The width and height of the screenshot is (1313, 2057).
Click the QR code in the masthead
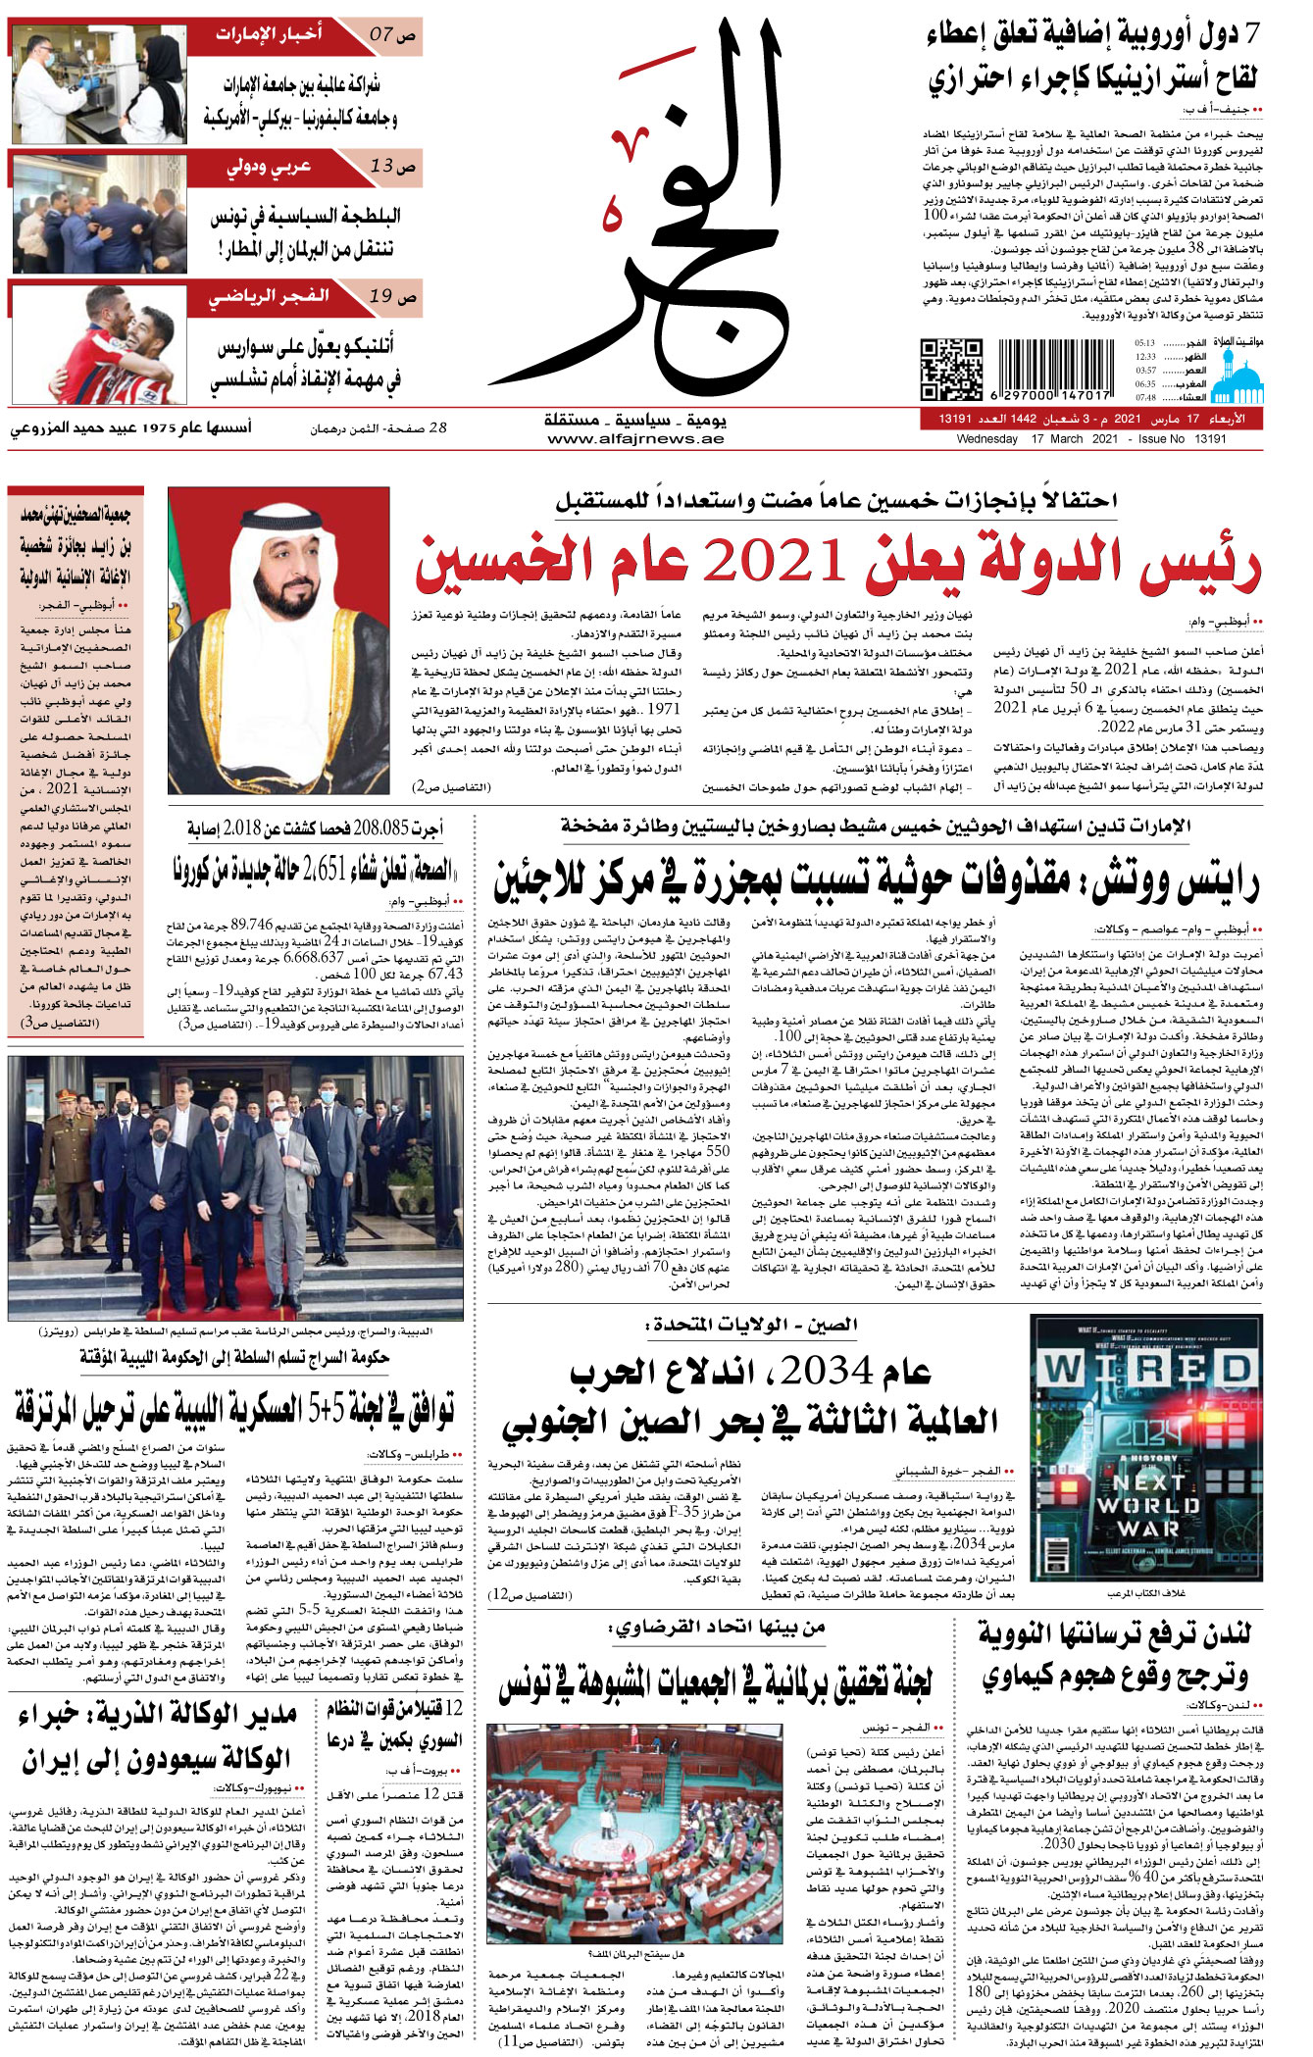[x=950, y=371]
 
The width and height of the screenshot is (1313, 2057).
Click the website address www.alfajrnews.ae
[x=635, y=439]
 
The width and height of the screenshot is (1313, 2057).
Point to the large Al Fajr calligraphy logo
[x=677, y=206]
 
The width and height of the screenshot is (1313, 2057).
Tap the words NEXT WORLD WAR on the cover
[x=1148, y=1505]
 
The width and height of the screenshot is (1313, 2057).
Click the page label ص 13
[x=392, y=167]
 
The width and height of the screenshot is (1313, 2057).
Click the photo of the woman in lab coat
[x=97, y=84]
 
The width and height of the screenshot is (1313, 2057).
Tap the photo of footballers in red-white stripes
[x=97, y=342]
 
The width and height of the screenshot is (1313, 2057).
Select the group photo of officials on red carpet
[x=235, y=1187]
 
